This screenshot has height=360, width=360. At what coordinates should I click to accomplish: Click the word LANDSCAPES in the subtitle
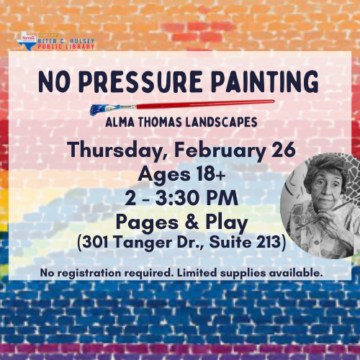point(221,122)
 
